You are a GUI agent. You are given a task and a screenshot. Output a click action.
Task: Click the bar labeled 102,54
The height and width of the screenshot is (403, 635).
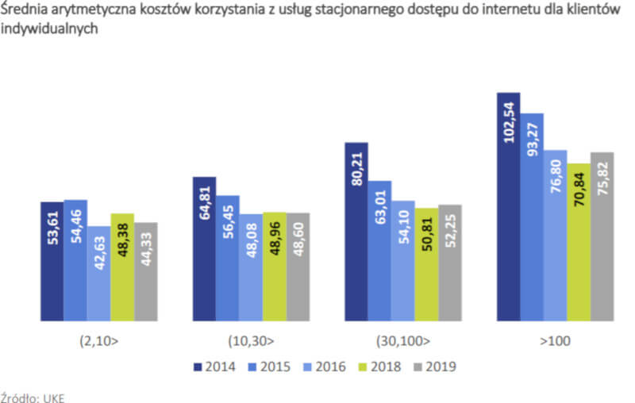(x=508, y=206)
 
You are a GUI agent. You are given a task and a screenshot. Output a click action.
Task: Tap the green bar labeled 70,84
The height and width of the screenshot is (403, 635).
(x=579, y=242)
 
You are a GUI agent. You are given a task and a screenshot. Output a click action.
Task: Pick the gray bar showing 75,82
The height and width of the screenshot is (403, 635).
(x=602, y=236)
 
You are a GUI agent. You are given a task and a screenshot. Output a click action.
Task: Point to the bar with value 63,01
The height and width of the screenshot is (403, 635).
(x=379, y=251)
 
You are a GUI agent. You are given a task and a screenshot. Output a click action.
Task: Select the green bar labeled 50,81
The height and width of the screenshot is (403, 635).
(x=426, y=265)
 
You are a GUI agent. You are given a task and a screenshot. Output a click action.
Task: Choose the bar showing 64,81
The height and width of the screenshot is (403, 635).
(x=204, y=249)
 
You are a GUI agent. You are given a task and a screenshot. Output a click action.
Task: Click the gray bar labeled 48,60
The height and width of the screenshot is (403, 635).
(x=298, y=267)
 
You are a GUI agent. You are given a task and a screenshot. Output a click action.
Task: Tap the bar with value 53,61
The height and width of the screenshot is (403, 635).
(x=52, y=262)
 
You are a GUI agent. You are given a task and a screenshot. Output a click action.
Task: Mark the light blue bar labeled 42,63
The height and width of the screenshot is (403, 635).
(x=99, y=274)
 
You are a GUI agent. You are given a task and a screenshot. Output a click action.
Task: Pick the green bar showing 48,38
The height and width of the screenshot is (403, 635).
(x=123, y=267)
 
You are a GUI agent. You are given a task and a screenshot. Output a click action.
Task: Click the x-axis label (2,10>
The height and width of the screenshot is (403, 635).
(x=99, y=343)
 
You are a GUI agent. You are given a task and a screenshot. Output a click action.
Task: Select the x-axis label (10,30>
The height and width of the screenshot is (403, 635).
(x=251, y=343)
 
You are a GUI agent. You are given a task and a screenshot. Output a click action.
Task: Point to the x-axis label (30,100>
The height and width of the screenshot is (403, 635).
(x=402, y=343)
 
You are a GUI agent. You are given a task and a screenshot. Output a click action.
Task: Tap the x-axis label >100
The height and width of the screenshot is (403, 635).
(x=555, y=343)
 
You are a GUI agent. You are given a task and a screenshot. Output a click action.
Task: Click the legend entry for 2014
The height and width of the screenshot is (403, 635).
(x=218, y=367)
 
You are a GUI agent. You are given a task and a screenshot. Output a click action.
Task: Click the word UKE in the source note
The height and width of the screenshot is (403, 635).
(x=52, y=397)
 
